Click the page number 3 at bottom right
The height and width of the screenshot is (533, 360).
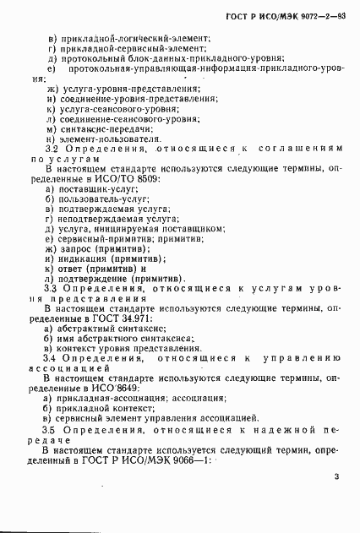336,477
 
